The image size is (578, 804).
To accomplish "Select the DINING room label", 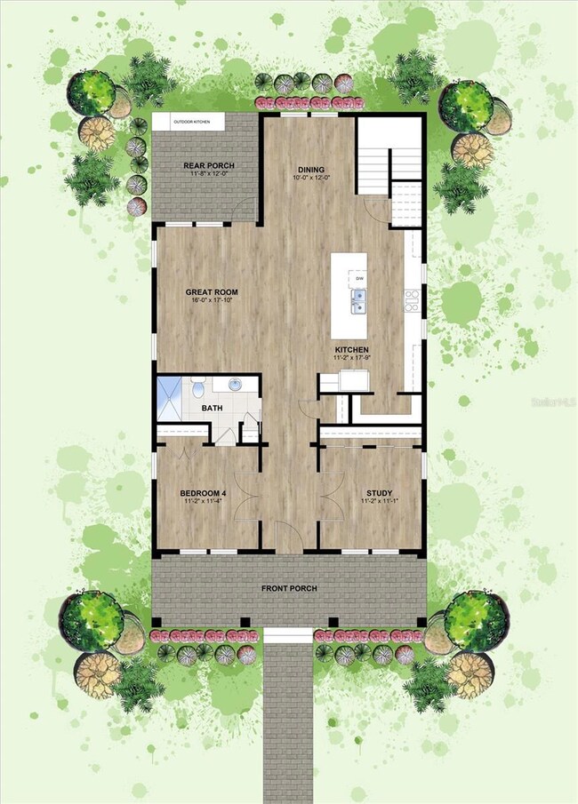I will [x=311, y=170].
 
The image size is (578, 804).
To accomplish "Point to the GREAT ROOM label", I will [x=211, y=291].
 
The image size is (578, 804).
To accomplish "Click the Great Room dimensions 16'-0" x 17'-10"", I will [x=211, y=301].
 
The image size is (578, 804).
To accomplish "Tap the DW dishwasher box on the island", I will [x=359, y=279].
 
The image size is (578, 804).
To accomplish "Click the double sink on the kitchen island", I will [x=359, y=306].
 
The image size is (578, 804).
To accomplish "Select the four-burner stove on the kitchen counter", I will [x=413, y=301].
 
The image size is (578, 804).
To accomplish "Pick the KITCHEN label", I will [x=352, y=350].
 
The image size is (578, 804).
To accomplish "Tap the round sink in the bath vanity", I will [x=236, y=385].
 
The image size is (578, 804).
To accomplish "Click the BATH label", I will [x=212, y=409].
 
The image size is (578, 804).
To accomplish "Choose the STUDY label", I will [x=380, y=493].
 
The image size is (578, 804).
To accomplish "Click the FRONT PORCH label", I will [x=289, y=588].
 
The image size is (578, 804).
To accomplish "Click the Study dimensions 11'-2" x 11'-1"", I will [x=380, y=503].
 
